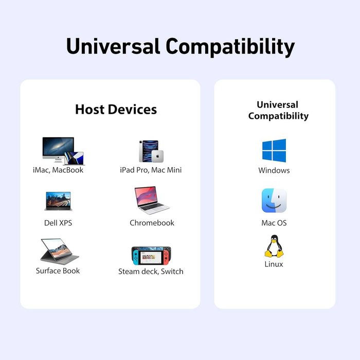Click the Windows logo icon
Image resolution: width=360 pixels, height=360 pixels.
(x=274, y=151)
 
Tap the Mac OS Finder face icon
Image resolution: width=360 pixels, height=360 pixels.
(x=274, y=201)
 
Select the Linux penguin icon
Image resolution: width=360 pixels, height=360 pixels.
(x=274, y=246)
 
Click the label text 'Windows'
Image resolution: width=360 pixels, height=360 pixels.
(x=274, y=170)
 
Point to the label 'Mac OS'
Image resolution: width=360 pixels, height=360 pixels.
(x=274, y=223)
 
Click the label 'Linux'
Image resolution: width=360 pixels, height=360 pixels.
(x=274, y=264)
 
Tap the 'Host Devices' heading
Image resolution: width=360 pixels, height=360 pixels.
(x=116, y=110)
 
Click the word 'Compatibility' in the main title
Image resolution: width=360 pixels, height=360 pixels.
(x=230, y=46)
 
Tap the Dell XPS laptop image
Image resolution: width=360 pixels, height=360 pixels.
(x=58, y=201)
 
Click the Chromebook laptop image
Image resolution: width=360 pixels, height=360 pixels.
(x=151, y=200)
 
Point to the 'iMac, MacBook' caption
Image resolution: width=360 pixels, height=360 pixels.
(x=58, y=170)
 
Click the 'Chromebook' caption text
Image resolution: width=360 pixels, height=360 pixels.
(x=152, y=223)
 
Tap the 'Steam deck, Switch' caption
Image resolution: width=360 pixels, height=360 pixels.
(x=151, y=272)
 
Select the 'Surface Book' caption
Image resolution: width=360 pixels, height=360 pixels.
(x=58, y=271)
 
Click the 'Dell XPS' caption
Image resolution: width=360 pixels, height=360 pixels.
(x=58, y=223)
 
